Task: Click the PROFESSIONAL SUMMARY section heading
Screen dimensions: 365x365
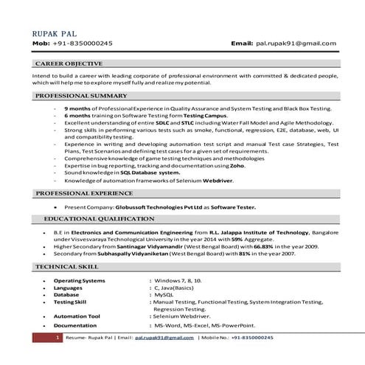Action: point(81,97)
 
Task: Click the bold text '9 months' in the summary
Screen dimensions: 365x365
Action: point(78,108)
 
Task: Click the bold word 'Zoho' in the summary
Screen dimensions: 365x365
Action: point(235,166)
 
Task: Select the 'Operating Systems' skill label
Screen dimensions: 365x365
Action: point(80,281)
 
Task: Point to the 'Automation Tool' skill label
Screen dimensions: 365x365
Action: point(77,316)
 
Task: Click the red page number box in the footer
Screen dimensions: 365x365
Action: point(58,337)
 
